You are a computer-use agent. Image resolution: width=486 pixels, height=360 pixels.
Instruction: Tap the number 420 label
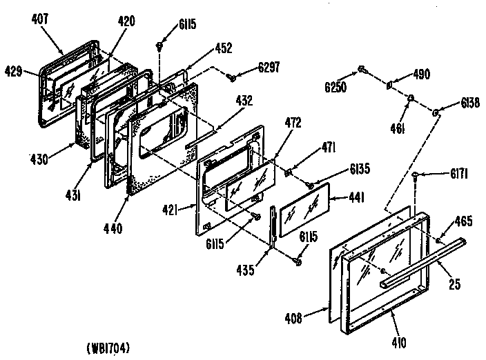126,21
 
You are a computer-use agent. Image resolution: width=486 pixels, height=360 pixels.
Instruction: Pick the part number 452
223,48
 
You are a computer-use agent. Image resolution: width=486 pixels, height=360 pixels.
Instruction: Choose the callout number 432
244,101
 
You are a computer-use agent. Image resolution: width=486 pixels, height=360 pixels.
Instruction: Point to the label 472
293,123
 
